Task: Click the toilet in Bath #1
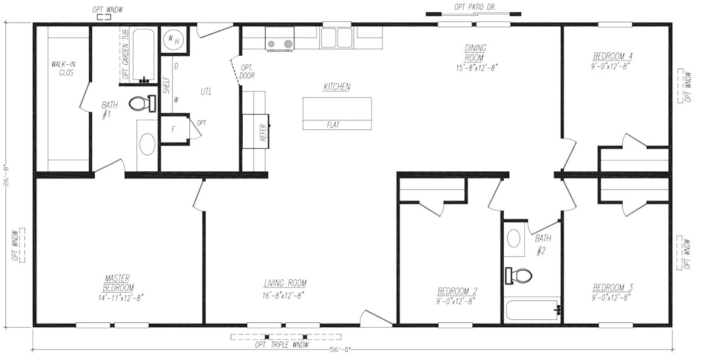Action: (x=142, y=104)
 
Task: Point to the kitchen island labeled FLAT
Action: (x=337, y=113)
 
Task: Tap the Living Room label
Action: (x=285, y=283)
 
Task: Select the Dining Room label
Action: (x=475, y=53)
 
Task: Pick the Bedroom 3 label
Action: (x=612, y=287)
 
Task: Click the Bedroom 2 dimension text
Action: (x=456, y=301)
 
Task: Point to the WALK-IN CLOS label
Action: (x=63, y=69)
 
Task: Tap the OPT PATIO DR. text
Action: (x=475, y=7)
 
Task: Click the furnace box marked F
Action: (x=174, y=129)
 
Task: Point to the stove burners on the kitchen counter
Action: (x=280, y=44)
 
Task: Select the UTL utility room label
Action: (x=206, y=92)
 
